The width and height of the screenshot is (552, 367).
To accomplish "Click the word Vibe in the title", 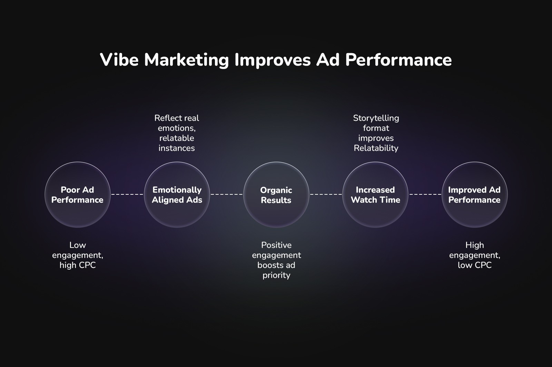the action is point(119,60).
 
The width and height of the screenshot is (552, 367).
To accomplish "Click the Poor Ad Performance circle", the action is point(77,195).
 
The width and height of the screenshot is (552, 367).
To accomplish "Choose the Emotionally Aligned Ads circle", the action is point(177,195).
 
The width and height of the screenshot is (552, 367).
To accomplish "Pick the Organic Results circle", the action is point(276,195).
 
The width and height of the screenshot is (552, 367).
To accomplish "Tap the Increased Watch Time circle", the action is point(375,195).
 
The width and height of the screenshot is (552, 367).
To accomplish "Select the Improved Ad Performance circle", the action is point(475,195).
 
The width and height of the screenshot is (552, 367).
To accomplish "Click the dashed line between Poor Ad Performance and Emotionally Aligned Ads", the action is point(127,194).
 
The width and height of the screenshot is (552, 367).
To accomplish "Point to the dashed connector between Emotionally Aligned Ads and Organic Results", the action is point(227,194).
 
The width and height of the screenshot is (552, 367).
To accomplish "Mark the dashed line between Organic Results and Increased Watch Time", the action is point(326,194).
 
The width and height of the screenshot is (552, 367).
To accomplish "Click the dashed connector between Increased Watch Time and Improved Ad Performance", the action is point(425,194).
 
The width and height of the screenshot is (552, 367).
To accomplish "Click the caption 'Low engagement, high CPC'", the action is point(78,255).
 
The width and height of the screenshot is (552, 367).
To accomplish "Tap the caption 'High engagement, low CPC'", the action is point(475,255).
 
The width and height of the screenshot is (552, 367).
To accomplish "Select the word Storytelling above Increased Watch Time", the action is point(376,118).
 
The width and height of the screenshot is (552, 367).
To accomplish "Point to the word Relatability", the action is point(376,148).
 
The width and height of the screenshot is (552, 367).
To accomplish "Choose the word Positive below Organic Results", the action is point(276,245).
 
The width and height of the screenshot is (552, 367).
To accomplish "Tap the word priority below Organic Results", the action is point(276,275).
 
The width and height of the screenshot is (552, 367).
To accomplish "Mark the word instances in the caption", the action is point(177,148).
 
